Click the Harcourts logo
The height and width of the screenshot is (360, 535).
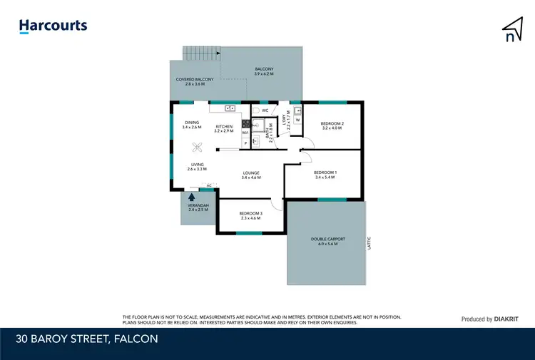pyautogui.click(x=53, y=26)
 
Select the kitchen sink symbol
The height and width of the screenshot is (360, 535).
pyautogui.click(x=230, y=108)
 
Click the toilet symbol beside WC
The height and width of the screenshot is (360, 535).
pyautogui.click(x=255, y=110)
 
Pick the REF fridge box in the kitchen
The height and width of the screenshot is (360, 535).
pyautogui.click(x=245, y=133)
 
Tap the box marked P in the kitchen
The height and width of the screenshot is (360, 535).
pyautogui.click(x=245, y=143)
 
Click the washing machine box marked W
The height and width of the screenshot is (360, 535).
pyautogui.click(x=297, y=120)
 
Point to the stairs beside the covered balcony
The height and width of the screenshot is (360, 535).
pyautogui.click(x=200, y=53)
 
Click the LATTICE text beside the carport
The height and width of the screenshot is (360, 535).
pyautogui.click(x=369, y=242)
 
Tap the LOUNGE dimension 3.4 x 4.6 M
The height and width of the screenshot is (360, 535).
pyautogui.click(x=250, y=177)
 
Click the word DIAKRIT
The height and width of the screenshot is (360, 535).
pyautogui.click(x=506, y=319)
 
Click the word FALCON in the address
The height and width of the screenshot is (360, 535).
pyautogui.click(x=135, y=339)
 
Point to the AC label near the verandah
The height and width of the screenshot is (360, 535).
pyautogui.click(x=208, y=185)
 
